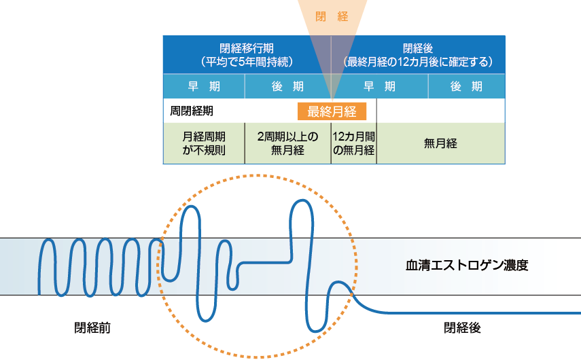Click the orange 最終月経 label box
coord(332,111)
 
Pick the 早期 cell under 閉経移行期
coord(204,86)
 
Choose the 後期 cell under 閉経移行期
coord(287,86)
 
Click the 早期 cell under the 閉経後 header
coord(379,86)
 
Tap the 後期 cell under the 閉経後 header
coord(466,86)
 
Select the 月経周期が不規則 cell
coord(204,143)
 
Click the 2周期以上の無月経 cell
coord(287,143)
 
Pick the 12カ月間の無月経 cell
coord(353,143)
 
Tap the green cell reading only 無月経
coord(440,143)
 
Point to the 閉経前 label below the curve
coord(92,328)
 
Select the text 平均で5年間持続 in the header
coord(247,61)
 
